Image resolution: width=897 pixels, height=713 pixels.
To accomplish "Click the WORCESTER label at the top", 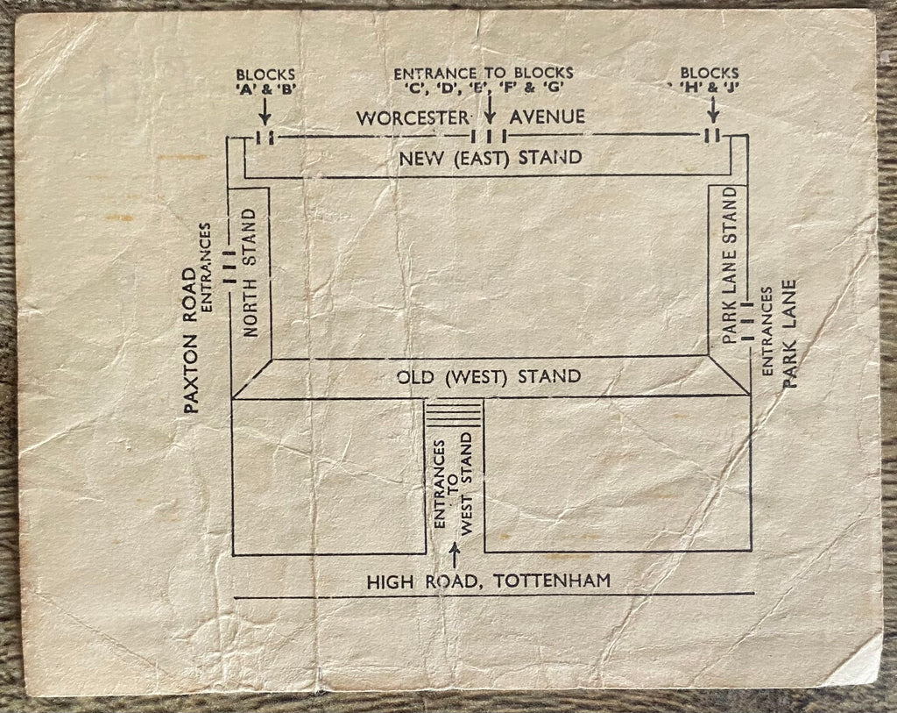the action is pos(413,118).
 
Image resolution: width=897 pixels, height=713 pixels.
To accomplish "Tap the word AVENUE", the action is pos(547,117).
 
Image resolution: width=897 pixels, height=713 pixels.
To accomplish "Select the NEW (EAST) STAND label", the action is pos(491,158).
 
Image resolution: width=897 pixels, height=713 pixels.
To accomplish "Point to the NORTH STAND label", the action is pos(250,272).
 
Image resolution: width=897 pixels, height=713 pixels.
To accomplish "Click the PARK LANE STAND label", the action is pos(730,265).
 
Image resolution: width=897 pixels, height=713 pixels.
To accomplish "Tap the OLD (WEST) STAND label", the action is pos(489,377).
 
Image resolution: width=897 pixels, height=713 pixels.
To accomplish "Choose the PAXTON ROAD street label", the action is pos(191,340).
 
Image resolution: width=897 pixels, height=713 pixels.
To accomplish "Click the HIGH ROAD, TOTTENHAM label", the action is pos(489,581).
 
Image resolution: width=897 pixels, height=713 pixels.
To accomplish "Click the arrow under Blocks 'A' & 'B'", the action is pos(265,111).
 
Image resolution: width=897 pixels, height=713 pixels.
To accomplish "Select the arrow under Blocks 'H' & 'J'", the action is pos(713,110).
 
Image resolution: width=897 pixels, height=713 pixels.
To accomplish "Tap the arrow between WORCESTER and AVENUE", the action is pos(490,110).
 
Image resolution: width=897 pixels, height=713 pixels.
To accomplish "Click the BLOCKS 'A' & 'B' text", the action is pos(265,82).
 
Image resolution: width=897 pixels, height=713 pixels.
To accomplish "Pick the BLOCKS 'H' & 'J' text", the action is pos(708,80).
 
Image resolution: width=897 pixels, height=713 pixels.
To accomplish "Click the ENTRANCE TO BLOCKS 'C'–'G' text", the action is pos(484,80).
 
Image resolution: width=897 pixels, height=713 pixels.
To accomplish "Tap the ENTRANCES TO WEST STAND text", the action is pos(454,488).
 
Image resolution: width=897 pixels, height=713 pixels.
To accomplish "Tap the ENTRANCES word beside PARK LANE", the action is pos(767,332).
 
